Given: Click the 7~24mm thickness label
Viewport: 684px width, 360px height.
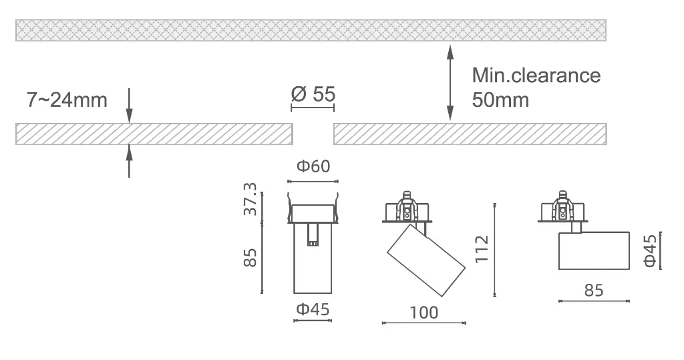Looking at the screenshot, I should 67,101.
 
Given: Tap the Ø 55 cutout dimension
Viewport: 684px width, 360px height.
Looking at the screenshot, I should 313,94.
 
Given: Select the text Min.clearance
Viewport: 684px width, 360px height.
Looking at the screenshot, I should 536,75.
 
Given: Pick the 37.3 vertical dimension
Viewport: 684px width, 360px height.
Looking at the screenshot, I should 250,198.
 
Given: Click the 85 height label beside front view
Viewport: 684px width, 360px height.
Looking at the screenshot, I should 250,256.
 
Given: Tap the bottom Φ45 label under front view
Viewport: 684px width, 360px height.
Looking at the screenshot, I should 313,309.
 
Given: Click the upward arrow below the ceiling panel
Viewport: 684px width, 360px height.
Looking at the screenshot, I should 129,162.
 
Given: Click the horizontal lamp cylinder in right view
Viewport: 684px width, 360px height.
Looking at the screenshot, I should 594,251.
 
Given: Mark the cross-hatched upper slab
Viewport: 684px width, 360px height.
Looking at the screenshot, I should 311,30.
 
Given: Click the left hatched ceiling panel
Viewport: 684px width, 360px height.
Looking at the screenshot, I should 154,134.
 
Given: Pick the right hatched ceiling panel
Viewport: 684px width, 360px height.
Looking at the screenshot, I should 470,134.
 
